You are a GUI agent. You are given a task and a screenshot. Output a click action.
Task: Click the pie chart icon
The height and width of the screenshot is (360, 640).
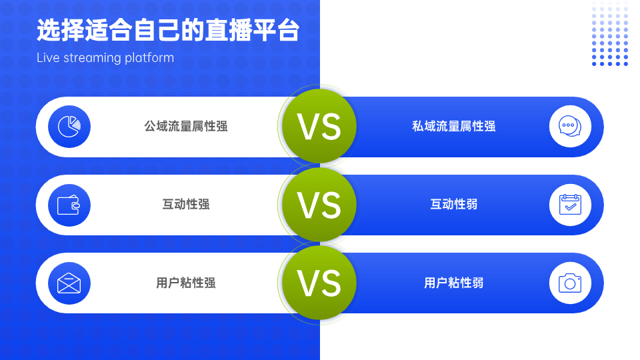point(69,127)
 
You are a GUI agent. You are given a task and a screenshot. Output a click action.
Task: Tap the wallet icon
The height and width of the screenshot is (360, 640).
point(69,205)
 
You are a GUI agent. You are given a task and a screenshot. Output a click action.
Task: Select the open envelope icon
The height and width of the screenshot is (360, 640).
point(69,283)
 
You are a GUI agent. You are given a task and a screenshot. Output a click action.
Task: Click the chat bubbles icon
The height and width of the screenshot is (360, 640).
point(570,126)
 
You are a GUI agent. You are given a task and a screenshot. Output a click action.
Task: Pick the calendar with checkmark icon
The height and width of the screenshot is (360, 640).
point(570,205)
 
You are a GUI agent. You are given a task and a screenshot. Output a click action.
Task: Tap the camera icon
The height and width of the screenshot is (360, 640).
point(570,283)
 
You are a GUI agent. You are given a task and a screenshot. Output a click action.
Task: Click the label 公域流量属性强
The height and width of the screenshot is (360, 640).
point(186,127)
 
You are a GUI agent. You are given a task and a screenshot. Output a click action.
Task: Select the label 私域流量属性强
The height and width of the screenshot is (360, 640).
point(453,127)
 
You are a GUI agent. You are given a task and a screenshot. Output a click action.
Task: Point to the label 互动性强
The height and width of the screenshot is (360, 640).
point(186,204)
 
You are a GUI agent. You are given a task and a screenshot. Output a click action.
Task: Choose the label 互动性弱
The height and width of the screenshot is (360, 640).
point(453,204)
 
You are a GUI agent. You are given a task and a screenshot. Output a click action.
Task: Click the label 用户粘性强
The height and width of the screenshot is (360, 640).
point(186,283)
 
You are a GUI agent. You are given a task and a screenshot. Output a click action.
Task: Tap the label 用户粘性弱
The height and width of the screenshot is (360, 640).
point(453,283)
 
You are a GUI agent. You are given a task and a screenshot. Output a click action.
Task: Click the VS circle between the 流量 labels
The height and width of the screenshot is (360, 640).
point(319,126)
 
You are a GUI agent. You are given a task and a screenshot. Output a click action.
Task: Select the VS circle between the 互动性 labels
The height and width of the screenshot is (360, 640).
point(319,205)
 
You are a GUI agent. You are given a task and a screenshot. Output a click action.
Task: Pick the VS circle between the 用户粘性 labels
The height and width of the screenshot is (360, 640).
point(319,283)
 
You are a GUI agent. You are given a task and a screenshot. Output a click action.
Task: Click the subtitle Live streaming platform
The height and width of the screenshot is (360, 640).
point(105,58)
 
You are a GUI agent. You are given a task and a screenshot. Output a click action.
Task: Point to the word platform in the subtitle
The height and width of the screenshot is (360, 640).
point(149,58)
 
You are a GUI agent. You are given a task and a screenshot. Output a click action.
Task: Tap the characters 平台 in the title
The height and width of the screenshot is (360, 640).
point(276,30)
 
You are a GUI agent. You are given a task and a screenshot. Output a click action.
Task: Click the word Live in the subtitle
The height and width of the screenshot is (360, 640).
point(48,57)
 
